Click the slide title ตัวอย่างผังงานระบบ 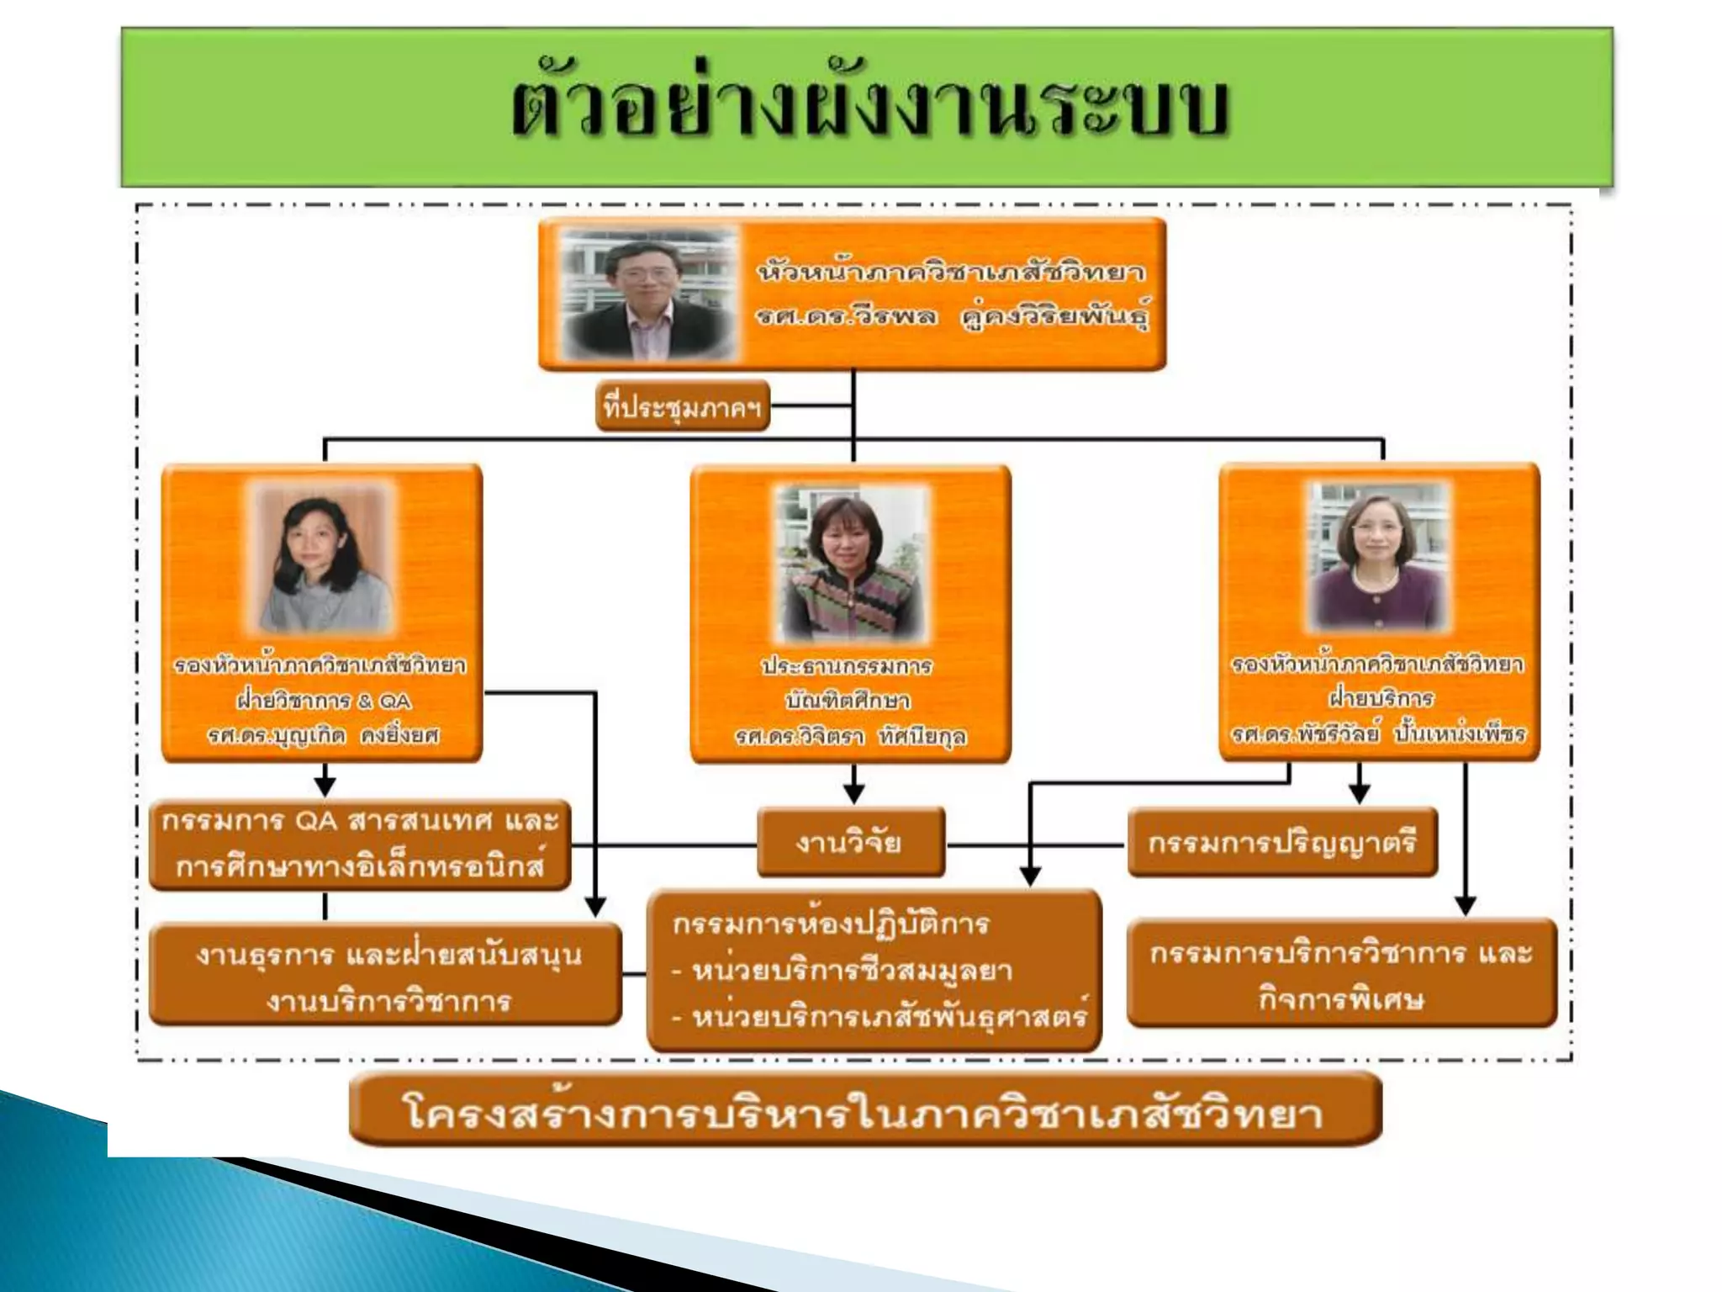click(x=871, y=109)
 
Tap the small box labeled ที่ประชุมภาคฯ click(x=682, y=407)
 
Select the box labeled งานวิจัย click(x=850, y=842)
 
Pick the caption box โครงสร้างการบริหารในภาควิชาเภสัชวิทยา click(x=864, y=1113)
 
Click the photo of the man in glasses click(x=648, y=294)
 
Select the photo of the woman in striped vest click(x=851, y=561)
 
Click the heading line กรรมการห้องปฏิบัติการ click(x=831, y=924)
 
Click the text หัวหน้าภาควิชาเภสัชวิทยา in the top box click(x=950, y=273)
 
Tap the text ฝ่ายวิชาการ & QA click(x=323, y=701)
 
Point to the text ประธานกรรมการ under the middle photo click(x=847, y=666)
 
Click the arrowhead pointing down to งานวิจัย click(x=853, y=794)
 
